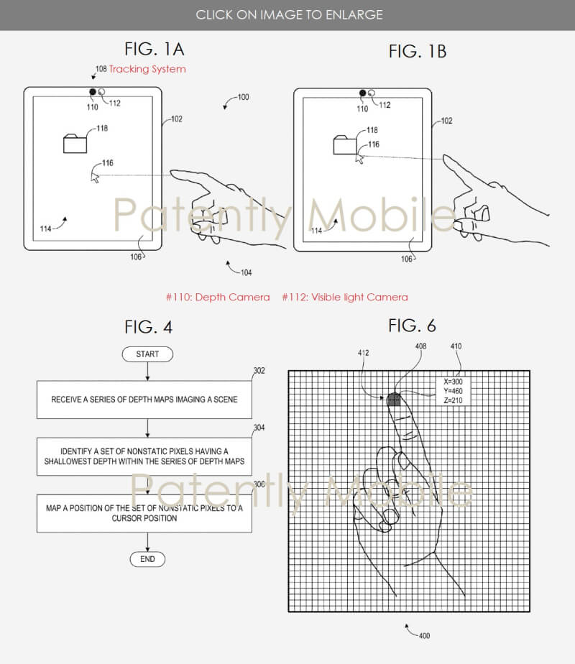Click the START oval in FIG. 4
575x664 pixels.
coord(147,354)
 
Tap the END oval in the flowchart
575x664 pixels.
coord(147,559)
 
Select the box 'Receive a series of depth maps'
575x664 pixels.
coord(144,400)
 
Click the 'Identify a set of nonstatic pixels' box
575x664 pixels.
coord(144,456)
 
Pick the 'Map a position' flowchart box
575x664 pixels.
coord(144,513)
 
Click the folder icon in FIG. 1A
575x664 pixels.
coord(75,144)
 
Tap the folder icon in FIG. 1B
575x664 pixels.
coord(345,145)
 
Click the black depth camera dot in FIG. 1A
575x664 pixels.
coord(92,92)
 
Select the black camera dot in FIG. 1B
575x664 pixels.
coord(362,93)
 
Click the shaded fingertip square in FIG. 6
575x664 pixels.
coord(394,400)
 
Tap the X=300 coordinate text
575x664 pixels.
coord(453,382)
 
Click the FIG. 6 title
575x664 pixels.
coord(412,326)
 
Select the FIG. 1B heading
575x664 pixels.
coord(418,51)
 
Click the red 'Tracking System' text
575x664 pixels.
coord(147,69)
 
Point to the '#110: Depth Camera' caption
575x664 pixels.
coord(218,298)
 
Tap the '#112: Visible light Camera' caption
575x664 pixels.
coord(345,298)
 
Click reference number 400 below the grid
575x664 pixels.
coord(424,636)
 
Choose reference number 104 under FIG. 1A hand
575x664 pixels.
coord(246,273)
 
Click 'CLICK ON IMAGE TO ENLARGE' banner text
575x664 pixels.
coord(289,15)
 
